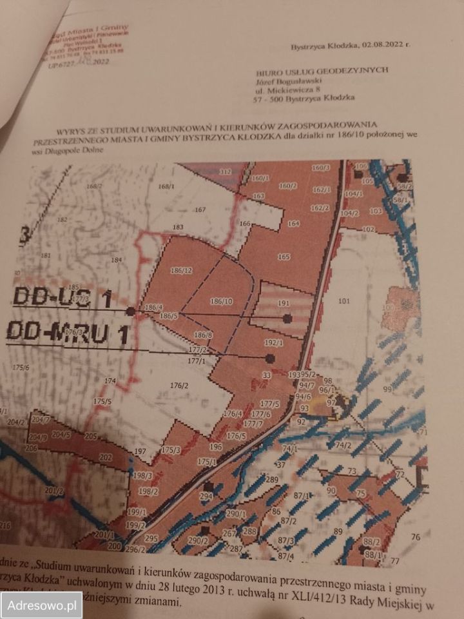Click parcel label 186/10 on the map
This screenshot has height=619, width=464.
[221, 301]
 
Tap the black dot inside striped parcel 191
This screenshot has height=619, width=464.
[287, 318]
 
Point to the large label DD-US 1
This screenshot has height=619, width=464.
[62, 299]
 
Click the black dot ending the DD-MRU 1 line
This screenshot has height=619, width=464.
[270, 358]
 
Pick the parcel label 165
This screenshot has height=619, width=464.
[284, 257]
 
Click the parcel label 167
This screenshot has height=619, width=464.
[200, 210]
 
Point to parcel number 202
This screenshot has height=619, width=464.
[106, 457]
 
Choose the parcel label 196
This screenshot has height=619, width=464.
[216, 446]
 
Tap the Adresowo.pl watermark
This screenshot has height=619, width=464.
[41, 605]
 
